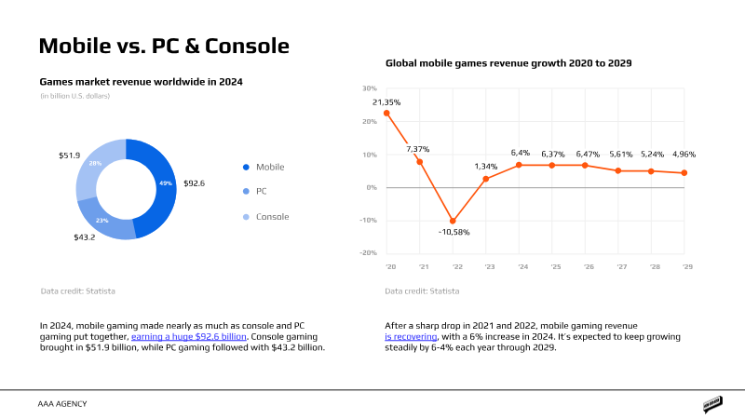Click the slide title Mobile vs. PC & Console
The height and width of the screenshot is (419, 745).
click(x=163, y=46)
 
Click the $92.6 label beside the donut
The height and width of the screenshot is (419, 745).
click(x=195, y=183)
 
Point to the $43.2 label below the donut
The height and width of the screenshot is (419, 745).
click(x=86, y=238)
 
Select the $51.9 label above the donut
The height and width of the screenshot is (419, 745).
click(x=70, y=155)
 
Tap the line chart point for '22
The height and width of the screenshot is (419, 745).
click(x=453, y=222)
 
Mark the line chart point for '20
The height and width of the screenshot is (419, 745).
click(x=386, y=114)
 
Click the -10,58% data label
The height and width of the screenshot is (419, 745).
click(x=453, y=232)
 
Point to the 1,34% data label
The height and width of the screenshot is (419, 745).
click(x=485, y=167)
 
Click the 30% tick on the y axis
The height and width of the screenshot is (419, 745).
click(x=369, y=88)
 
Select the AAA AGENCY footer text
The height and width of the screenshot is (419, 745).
click(x=62, y=404)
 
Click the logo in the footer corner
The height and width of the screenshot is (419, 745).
click(x=713, y=404)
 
